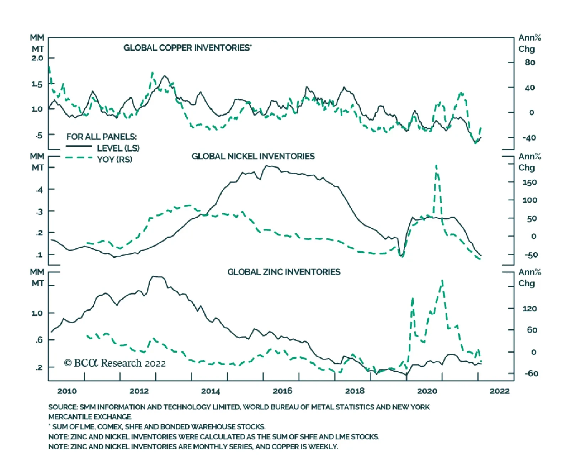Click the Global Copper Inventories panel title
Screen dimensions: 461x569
tap(187, 48)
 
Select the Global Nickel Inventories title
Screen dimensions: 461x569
tap(253, 156)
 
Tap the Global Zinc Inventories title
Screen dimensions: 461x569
tap(283, 272)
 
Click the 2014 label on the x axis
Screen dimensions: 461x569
tap(211, 391)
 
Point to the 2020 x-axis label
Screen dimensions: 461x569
tap(427, 391)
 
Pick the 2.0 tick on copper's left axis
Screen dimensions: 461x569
tap(37, 58)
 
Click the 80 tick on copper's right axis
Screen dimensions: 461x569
tap(530, 63)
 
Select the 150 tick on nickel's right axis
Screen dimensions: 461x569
tap(530, 182)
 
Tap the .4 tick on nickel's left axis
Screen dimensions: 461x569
tap(39, 190)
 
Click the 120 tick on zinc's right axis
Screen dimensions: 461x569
tap(530, 309)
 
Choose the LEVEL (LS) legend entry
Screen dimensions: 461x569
tap(118, 148)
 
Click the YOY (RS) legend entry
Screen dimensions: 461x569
tap(115, 159)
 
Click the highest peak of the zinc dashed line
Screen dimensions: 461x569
tap(442, 280)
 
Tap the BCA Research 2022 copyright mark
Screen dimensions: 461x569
tap(115, 363)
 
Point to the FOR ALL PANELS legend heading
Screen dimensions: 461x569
tap(101, 137)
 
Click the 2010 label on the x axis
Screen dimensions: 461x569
tap(67, 391)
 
